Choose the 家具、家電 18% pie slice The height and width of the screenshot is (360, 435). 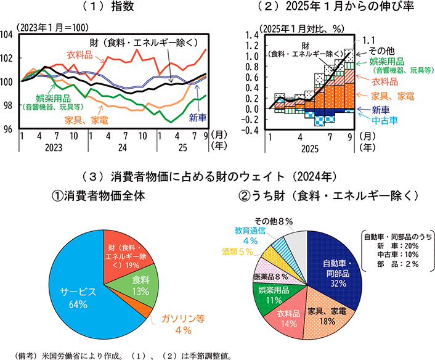pyautogui.click(x=326, y=315)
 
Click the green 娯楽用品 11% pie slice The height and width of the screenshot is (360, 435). pyautogui.click(x=270, y=295)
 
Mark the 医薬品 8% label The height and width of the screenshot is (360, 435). pyautogui.click(x=270, y=277)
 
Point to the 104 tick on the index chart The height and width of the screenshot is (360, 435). pyautogui.click(x=9, y=35)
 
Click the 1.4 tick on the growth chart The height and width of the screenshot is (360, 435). pyautogui.click(x=251, y=35)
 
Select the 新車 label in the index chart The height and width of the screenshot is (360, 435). pyautogui.click(x=197, y=117)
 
